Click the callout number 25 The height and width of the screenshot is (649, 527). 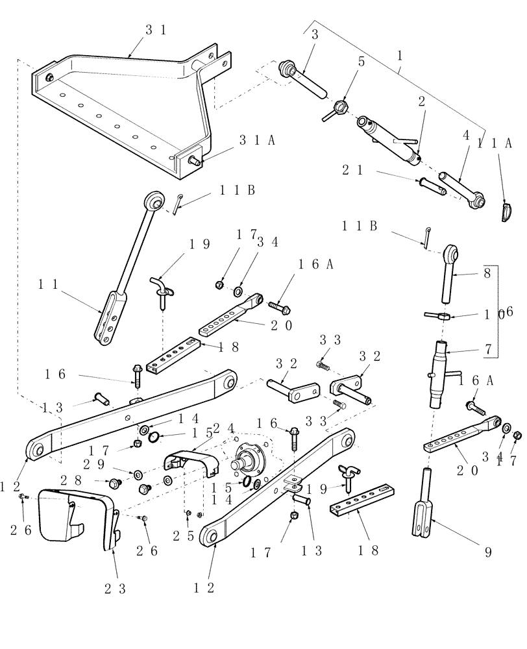[180, 537]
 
